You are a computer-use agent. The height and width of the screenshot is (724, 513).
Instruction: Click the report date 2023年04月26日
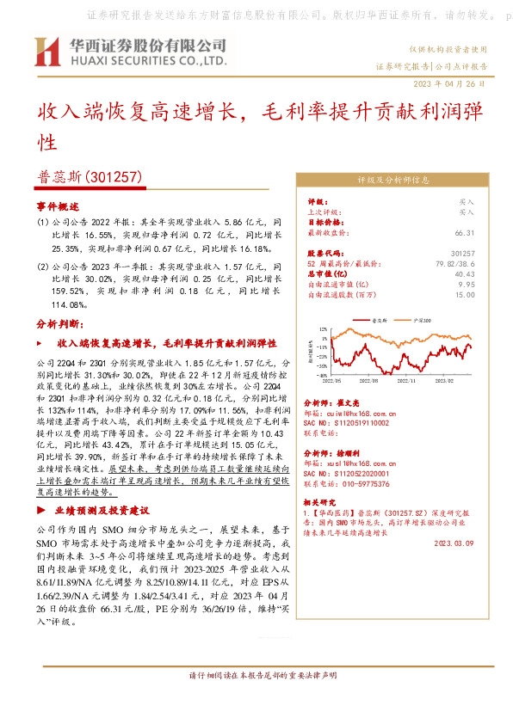pyautogui.click(x=450, y=83)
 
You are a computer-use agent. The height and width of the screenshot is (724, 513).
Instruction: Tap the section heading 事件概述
pyautogui.click(x=57, y=207)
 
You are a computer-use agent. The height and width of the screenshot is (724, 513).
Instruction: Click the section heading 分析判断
pyautogui.click(x=59, y=323)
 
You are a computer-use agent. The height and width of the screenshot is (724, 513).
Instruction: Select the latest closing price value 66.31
pyautogui.click(x=465, y=232)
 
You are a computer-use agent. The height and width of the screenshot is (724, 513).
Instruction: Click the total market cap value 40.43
pyautogui.click(x=465, y=273)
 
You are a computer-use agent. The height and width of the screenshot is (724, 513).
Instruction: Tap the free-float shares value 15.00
pyautogui.click(x=465, y=294)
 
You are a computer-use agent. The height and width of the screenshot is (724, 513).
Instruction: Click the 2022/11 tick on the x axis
pyautogui.click(x=407, y=378)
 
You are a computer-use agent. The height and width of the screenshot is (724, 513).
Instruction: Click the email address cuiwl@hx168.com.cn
pyautogui.click(x=353, y=413)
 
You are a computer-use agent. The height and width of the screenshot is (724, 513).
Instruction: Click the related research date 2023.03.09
pyautogui.click(x=455, y=543)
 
